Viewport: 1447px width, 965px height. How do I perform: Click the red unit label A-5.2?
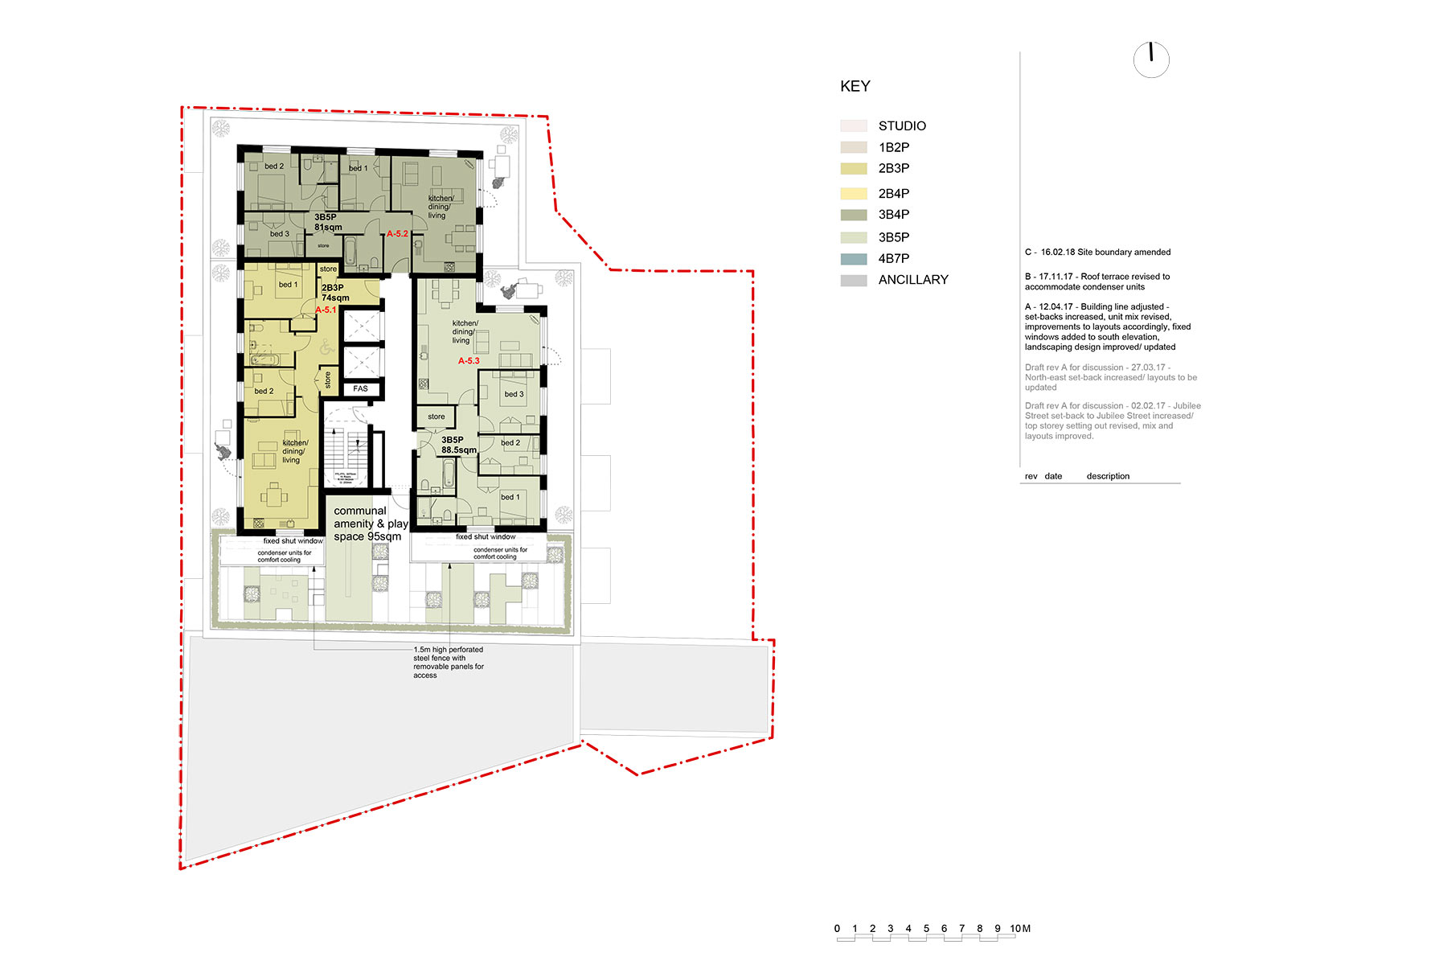397,234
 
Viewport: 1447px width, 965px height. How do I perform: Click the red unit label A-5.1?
326,310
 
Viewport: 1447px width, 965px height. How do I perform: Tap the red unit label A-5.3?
469,361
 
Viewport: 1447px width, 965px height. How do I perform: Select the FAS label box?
360,389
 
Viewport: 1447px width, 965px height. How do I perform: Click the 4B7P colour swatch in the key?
854,259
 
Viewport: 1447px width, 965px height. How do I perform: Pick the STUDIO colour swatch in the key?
854,126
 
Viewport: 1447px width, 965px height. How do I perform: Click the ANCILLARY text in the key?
913,280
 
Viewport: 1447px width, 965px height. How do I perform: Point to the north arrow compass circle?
1151,60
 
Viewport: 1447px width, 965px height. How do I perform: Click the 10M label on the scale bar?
1020,929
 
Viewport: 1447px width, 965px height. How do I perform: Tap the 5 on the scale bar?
926,929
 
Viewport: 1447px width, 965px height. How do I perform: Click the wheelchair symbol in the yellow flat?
326,348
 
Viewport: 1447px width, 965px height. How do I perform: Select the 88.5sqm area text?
458,450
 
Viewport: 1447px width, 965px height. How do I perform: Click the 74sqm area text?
335,298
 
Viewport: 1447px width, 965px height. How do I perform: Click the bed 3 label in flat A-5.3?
514,394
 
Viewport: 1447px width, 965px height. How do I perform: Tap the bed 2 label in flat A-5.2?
274,166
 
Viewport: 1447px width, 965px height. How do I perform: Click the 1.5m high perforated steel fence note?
449,662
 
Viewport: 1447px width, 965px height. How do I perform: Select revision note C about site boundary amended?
1097,253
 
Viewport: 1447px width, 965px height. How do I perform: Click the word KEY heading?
855,87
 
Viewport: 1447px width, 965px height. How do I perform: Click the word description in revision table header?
1108,476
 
